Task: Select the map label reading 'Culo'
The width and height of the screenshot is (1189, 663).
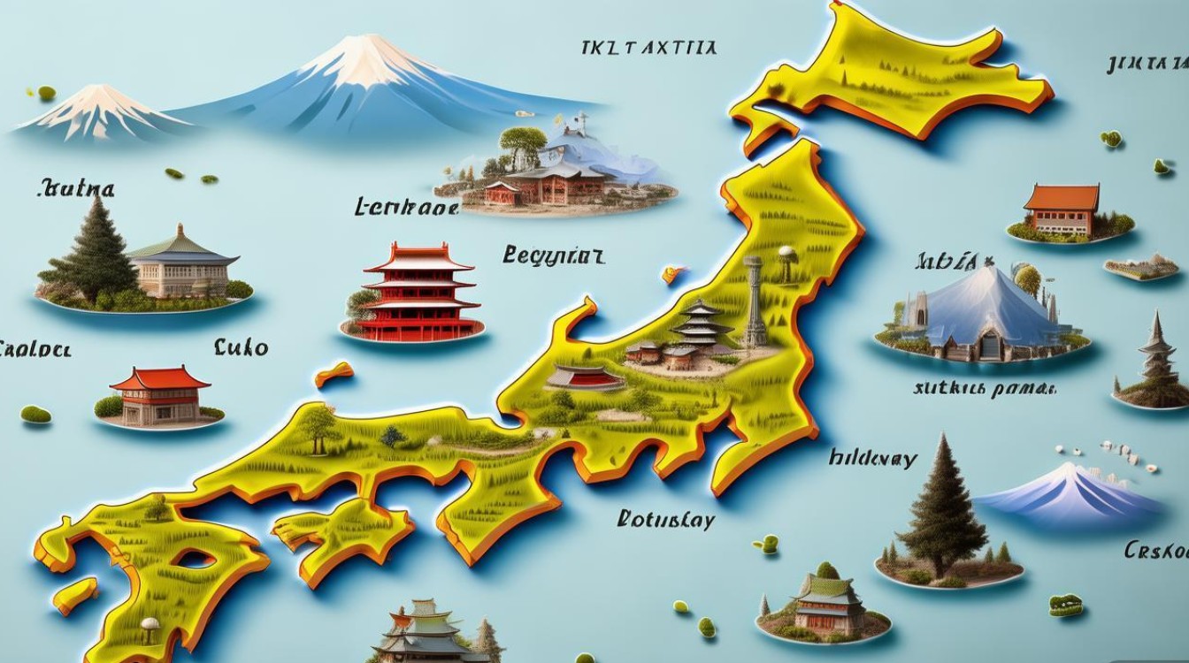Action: point(242,347)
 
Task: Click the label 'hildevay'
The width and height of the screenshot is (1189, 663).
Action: point(873,458)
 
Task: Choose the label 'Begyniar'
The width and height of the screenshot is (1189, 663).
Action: point(554,256)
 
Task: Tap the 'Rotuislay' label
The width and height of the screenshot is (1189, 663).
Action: point(665,520)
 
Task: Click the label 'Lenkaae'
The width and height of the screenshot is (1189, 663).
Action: point(406,208)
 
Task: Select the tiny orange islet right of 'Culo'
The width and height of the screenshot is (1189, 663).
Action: point(334,373)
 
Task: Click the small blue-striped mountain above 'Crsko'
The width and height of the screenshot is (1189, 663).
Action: point(1070,491)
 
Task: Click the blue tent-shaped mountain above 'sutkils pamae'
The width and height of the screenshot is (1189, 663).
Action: point(973,309)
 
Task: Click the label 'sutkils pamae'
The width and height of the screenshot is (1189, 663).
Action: point(984,387)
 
